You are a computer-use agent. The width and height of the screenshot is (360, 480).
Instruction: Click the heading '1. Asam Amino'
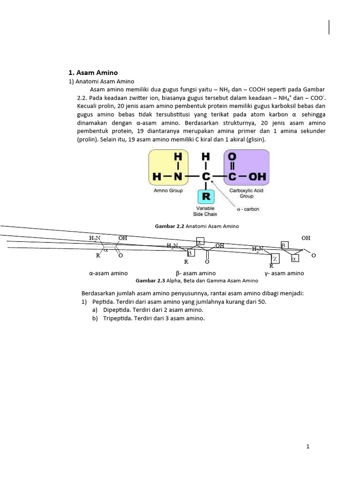93,73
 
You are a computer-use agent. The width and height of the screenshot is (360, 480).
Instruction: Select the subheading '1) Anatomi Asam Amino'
101,81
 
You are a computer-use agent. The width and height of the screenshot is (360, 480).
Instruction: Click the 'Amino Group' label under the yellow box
168,191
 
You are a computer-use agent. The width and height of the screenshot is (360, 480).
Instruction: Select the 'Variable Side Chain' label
206,211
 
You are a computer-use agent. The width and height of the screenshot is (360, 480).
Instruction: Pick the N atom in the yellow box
178,177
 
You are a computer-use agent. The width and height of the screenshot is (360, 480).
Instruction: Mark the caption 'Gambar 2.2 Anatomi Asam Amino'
196,226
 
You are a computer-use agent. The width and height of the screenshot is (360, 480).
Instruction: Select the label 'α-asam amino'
108,273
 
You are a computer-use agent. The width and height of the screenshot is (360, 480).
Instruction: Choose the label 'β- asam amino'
195,273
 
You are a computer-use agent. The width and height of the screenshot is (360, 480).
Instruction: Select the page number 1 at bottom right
307,447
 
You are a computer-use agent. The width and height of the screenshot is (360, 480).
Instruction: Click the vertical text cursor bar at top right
329,28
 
